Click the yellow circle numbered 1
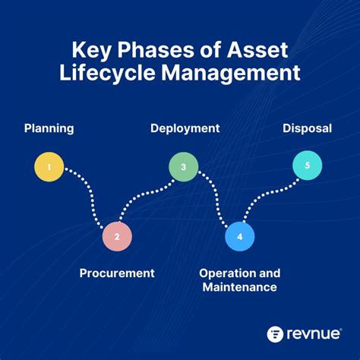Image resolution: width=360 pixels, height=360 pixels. pyautogui.click(x=49, y=167)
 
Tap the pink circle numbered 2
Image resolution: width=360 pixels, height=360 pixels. pyautogui.click(x=117, y=236)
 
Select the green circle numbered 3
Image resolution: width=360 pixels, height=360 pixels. pyautogui.click(x=183, y=167)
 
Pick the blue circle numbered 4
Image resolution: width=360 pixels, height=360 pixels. pyautogui.click(x=240, y=236)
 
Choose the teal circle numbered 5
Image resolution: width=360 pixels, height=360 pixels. pyautogui.click(x=308, y=166)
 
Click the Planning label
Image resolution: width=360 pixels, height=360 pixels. pyautogui.click(x=49, y=128)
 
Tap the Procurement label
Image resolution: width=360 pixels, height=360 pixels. pyautogui.click(x=117, y=273)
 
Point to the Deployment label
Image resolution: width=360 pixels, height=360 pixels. pyautogui.click(x=185, y=128)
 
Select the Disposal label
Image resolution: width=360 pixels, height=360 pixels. pyautogui.click(x=307, y=128)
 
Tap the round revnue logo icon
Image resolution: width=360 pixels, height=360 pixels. pyautogui.click(x=276, y=334)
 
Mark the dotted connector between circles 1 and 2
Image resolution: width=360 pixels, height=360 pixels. pyautogui.click(x=88, y=199)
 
